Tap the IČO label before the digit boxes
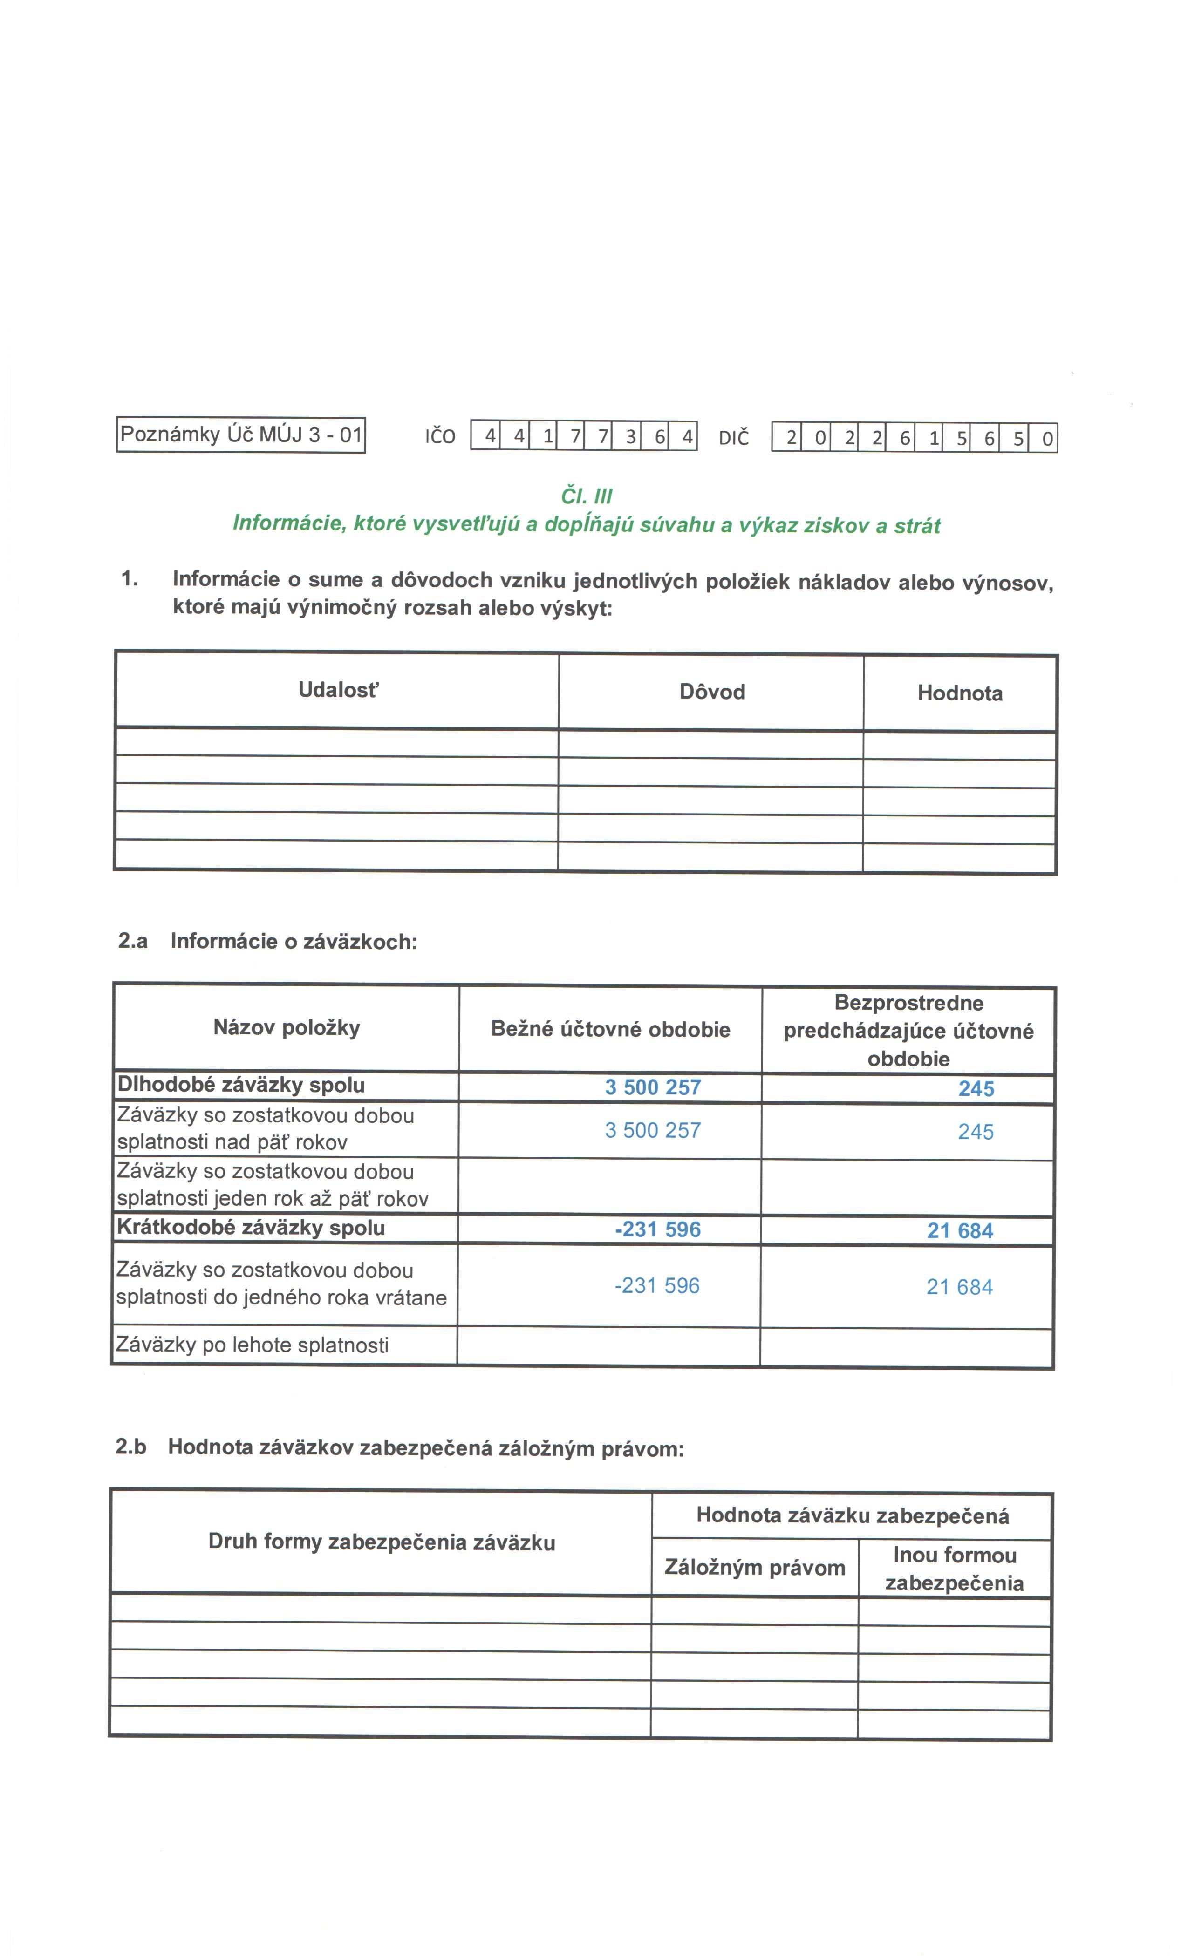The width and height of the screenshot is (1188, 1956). (440, 437)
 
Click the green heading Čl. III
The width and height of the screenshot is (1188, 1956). (586, 496)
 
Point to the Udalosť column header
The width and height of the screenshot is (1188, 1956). (338, 690)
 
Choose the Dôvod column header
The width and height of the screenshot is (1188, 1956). (711, 692)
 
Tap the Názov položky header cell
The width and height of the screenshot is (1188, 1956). (287, 1028)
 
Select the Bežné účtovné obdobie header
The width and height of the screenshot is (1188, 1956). (610, 1030)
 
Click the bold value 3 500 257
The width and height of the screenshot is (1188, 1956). (653, 1087)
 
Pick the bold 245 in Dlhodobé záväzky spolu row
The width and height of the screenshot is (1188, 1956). (976, 1088)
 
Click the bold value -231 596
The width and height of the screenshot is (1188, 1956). (657, 1229)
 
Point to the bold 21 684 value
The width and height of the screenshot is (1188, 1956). (959, 1230)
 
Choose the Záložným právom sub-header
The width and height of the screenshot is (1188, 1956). (754, 1567)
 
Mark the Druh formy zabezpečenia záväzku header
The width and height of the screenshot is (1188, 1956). (381, 1542)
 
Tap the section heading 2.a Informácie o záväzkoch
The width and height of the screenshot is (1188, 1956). (267, 942)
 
